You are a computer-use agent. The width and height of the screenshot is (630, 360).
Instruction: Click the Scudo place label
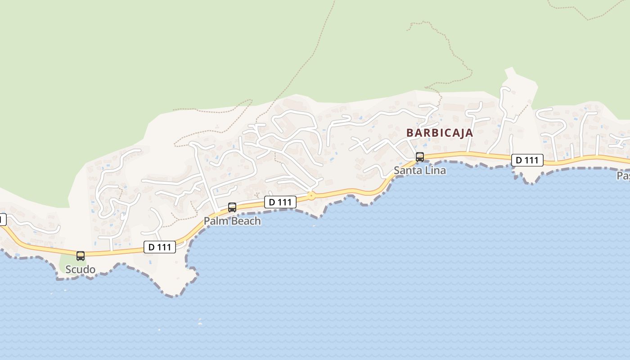coord(80,270)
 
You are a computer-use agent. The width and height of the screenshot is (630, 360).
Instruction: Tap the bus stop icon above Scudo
coord(81,256)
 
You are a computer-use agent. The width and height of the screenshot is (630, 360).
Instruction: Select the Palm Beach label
coord(232,221)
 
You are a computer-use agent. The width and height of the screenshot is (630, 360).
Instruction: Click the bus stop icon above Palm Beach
coord(232,207)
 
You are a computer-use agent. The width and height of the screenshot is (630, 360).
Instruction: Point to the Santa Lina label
coord(420,171)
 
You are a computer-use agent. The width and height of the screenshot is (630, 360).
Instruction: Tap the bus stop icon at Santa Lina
coord(420,157)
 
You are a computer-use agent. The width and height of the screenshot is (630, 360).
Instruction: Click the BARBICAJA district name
coord(440,133)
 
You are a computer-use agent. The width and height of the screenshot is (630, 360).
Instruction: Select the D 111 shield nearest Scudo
coord(160,247)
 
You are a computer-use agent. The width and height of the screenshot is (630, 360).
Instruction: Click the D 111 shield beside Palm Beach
coord(280,202)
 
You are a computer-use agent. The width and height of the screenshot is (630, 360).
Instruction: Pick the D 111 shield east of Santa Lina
coord(527,160)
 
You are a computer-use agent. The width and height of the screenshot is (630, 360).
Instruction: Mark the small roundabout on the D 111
coord(311,196)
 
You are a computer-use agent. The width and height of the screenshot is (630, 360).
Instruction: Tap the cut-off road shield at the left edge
coord(2,220)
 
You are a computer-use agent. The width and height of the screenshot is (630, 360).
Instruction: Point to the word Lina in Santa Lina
coord(435,171)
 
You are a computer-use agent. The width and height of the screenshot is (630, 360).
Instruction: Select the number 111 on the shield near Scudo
coord(165,247)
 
